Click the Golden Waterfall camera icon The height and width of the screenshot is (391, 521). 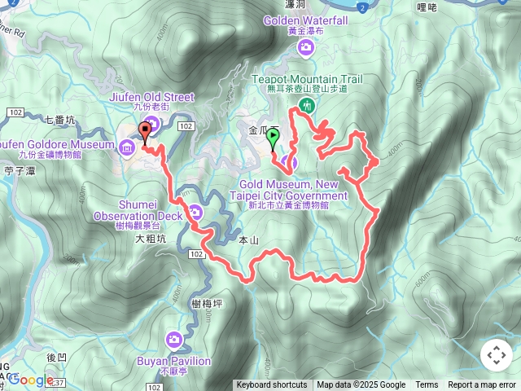[x=306, y=48]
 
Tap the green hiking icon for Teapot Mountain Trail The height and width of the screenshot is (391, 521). [x=307, y=104]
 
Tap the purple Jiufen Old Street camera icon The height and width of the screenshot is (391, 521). [x=151, y=123]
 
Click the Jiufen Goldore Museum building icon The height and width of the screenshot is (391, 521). [x=127, y=147]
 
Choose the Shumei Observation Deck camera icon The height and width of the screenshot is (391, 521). [x=195, y=213]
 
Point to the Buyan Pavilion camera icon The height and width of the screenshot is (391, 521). [x=173, y=339]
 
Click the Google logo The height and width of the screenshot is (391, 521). [x=31, y=380]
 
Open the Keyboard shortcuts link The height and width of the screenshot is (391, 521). [x=272, y=385]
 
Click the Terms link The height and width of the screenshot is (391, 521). [x=427, y=385]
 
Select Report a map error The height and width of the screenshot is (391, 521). [x=483, y=385]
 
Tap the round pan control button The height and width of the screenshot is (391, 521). [x=496, y=355]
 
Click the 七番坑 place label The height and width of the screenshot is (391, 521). [x=59, y=121]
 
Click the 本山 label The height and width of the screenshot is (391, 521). [x=248, y=240]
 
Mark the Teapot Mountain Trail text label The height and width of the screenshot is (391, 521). [x=313, y=79]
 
